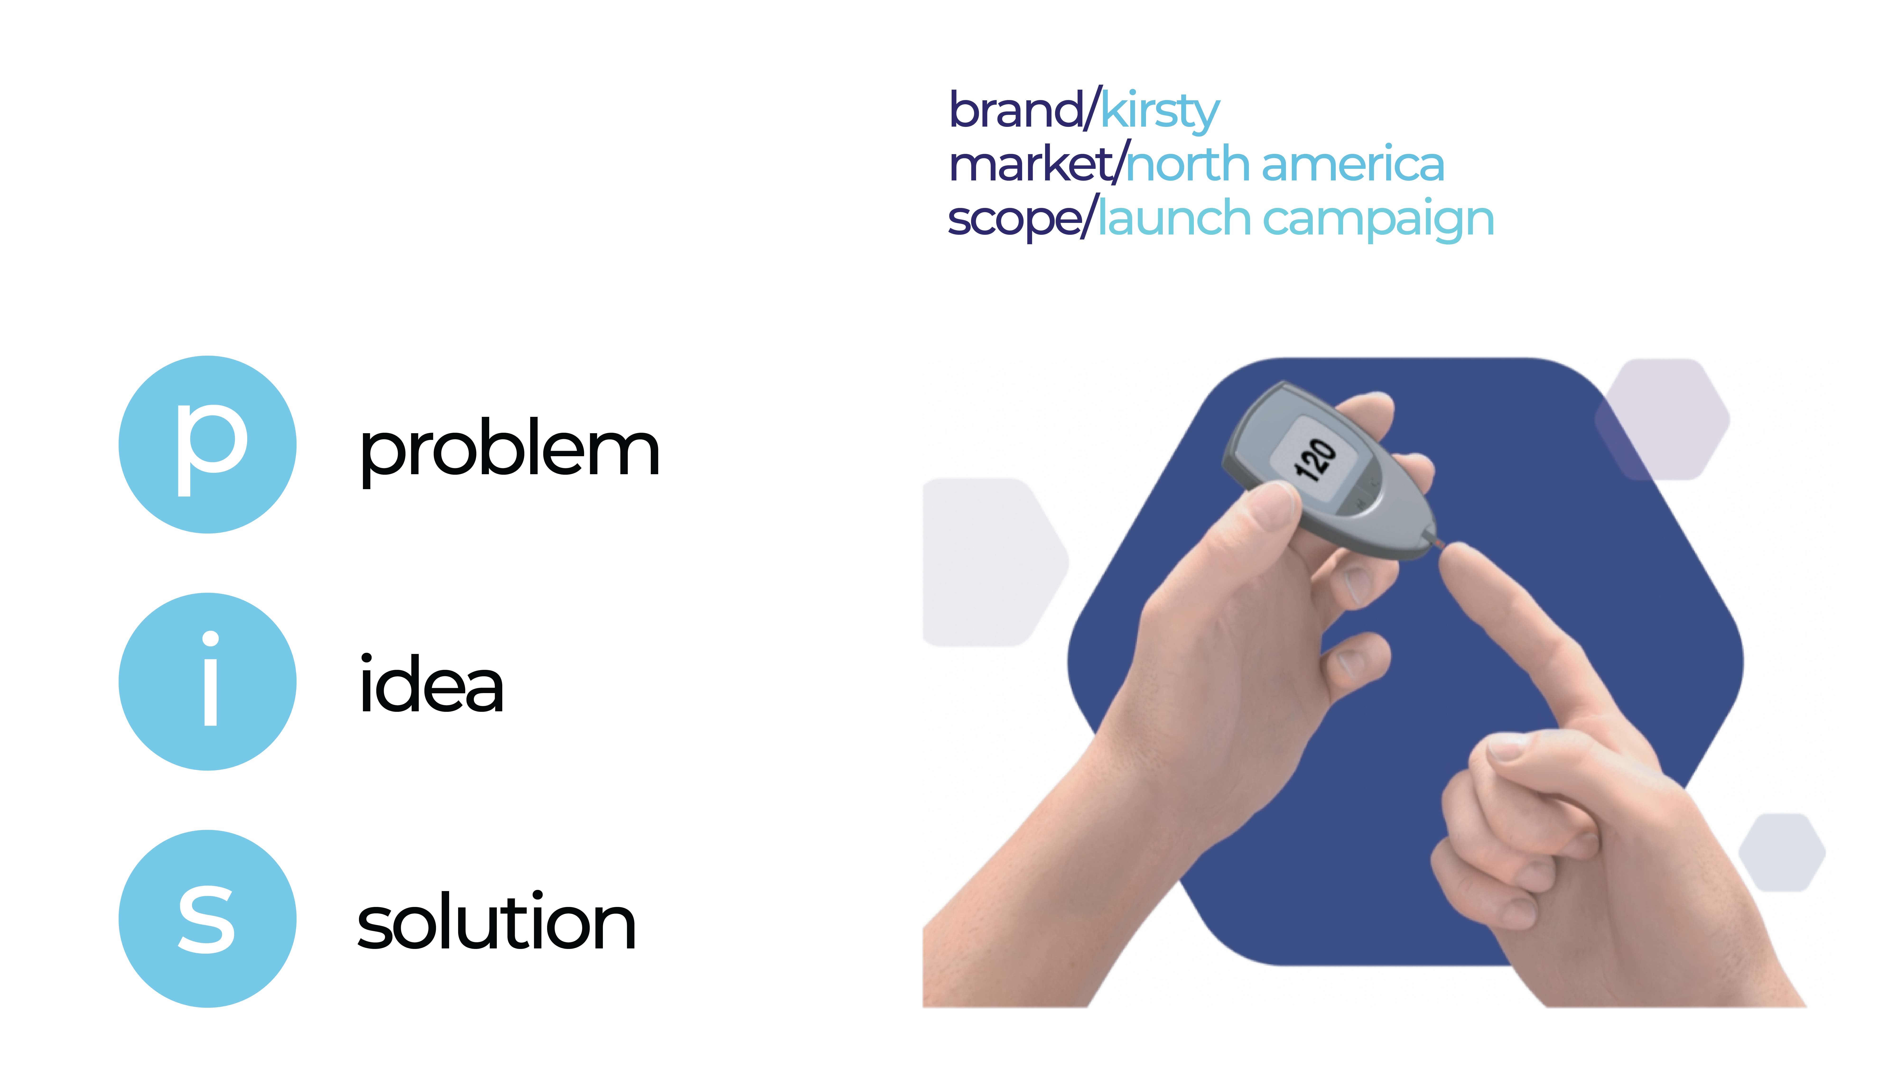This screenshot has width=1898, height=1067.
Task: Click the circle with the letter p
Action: (x=208, y=445)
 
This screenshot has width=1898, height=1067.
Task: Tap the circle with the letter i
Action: (x=208, y=682)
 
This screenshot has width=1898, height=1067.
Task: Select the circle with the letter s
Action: (x=208, y=919)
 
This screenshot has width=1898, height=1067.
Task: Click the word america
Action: (x=1353, y=164)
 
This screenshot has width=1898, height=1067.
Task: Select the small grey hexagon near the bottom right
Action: (x=1782, y=852)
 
